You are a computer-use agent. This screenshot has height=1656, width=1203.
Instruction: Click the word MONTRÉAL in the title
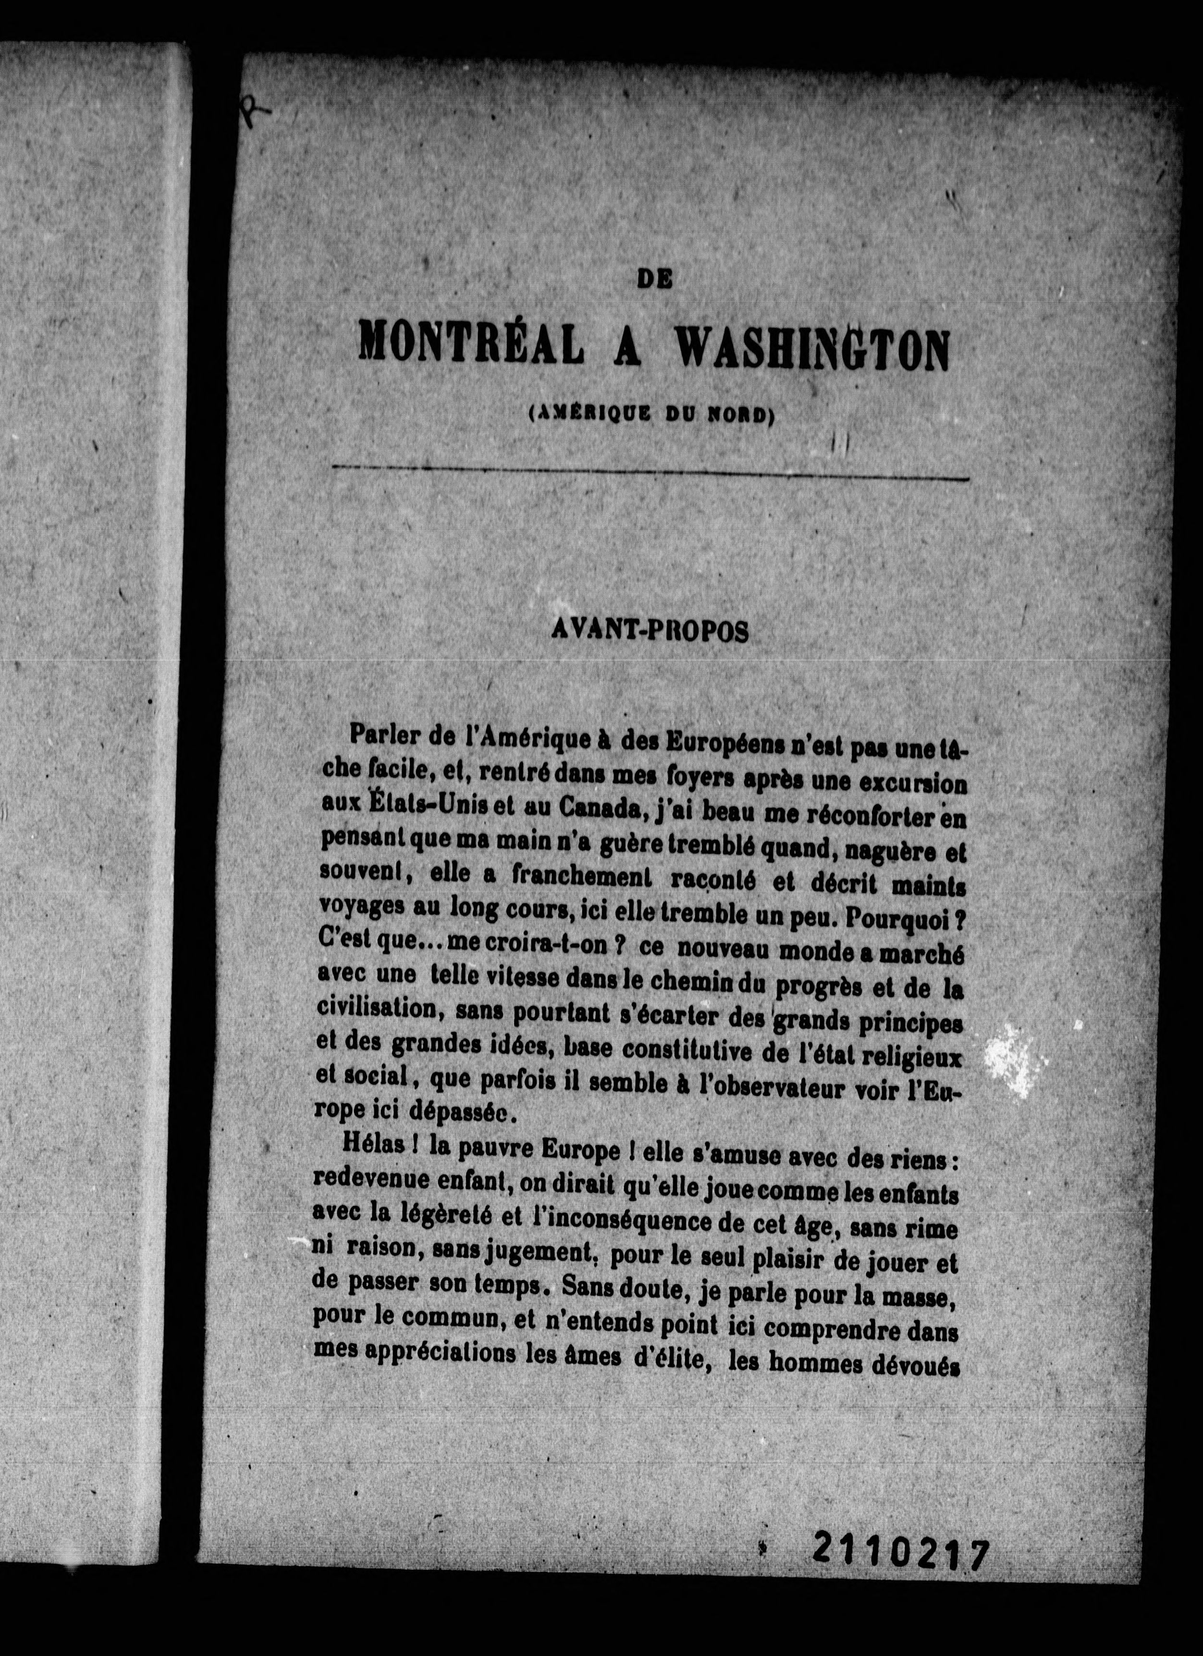click(x=471, y=343)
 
